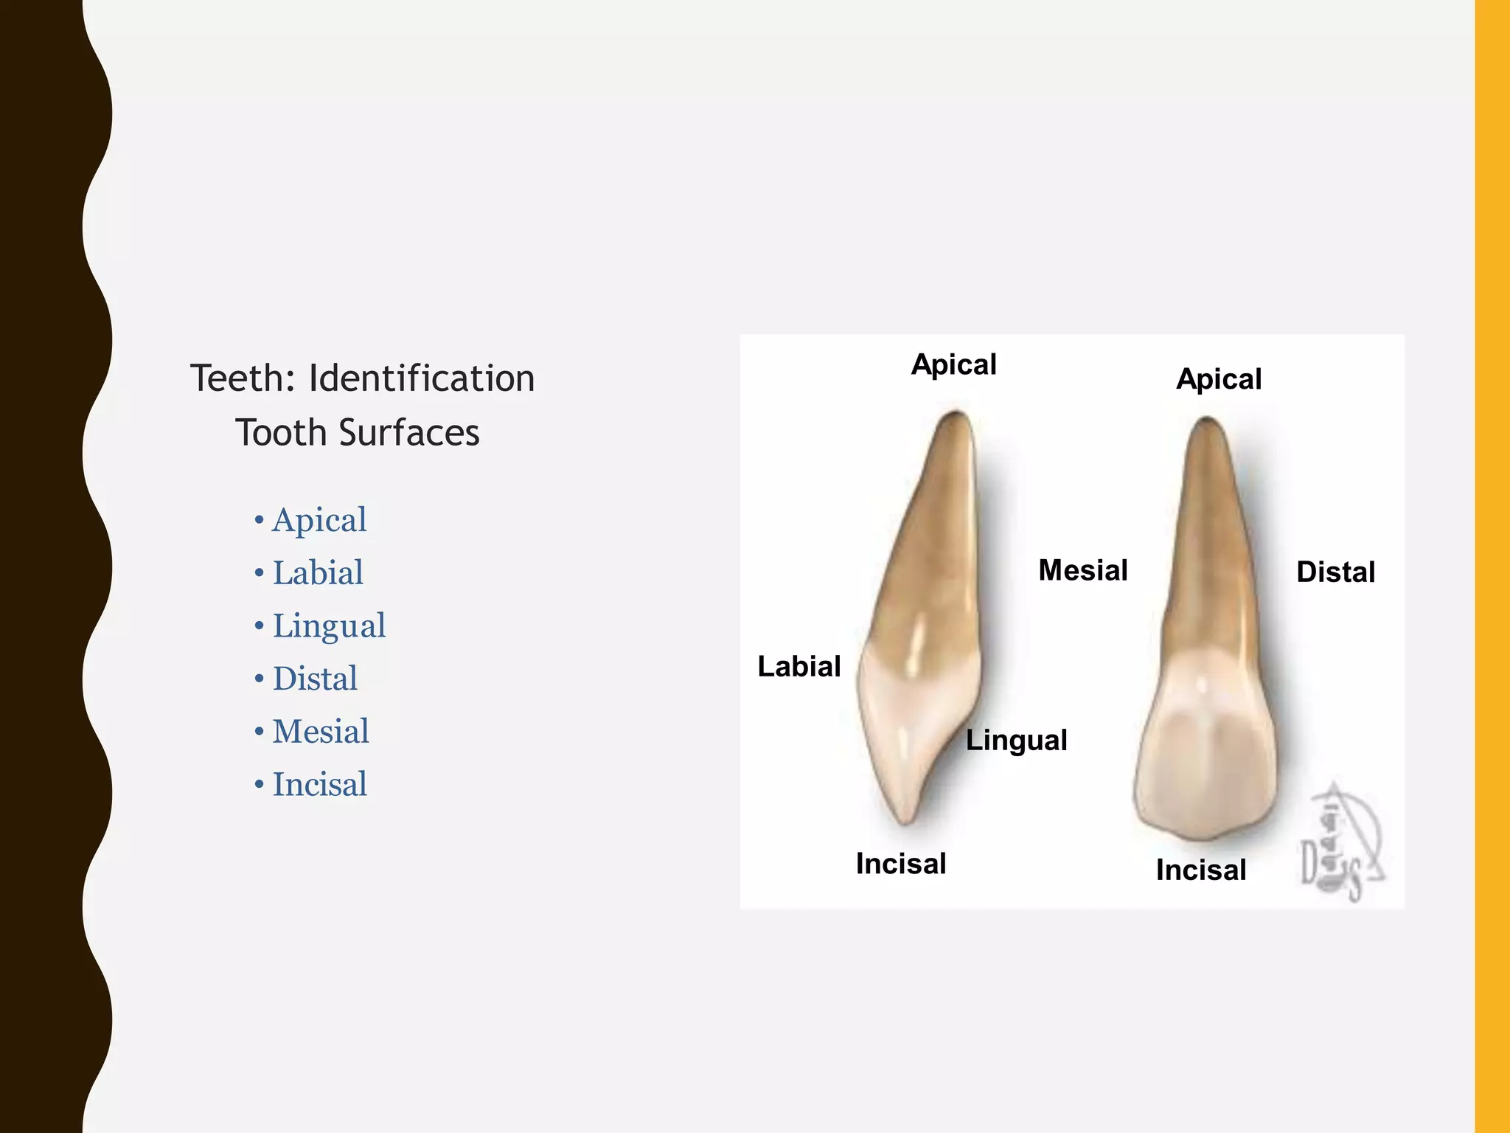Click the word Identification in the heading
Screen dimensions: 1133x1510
pyautogui.click(x=421, y=379)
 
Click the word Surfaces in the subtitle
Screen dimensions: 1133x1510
pyautogui.click(x=409, y=433)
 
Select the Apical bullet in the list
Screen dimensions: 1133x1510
pyautogui.click(x=319, y=520)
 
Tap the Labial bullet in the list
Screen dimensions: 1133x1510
pyautogui.click(x=317, y=573)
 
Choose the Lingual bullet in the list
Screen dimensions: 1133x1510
pyautogui.click(x=328, y=626)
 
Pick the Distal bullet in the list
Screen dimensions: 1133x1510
pyautogui.click(x=314, y=679)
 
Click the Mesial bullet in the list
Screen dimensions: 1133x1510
pyautogui.click(x=320, y=732)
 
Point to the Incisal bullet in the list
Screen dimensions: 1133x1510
pyautogui.click(x=319, y=784)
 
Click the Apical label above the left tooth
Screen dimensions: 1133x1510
pyautogui.click(x=953, y=365)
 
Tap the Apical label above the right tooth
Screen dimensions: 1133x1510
pyautogui.click(x=1218, y=379)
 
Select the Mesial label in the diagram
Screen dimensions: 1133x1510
pyautogui.click(x=1082, y=570)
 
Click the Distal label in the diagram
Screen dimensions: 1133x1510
pyautogui.click(x=1335, y=572)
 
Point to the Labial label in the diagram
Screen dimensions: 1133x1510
pyautogui.click(x=799, y=667)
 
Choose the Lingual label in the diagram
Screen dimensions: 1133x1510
pyautogui.click(x=1016, y=741)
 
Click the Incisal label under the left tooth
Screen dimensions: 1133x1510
pyautogui.click(x=900, y=864)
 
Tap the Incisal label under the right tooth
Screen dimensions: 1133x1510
pyautogui.click(x=1200, y=870)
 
